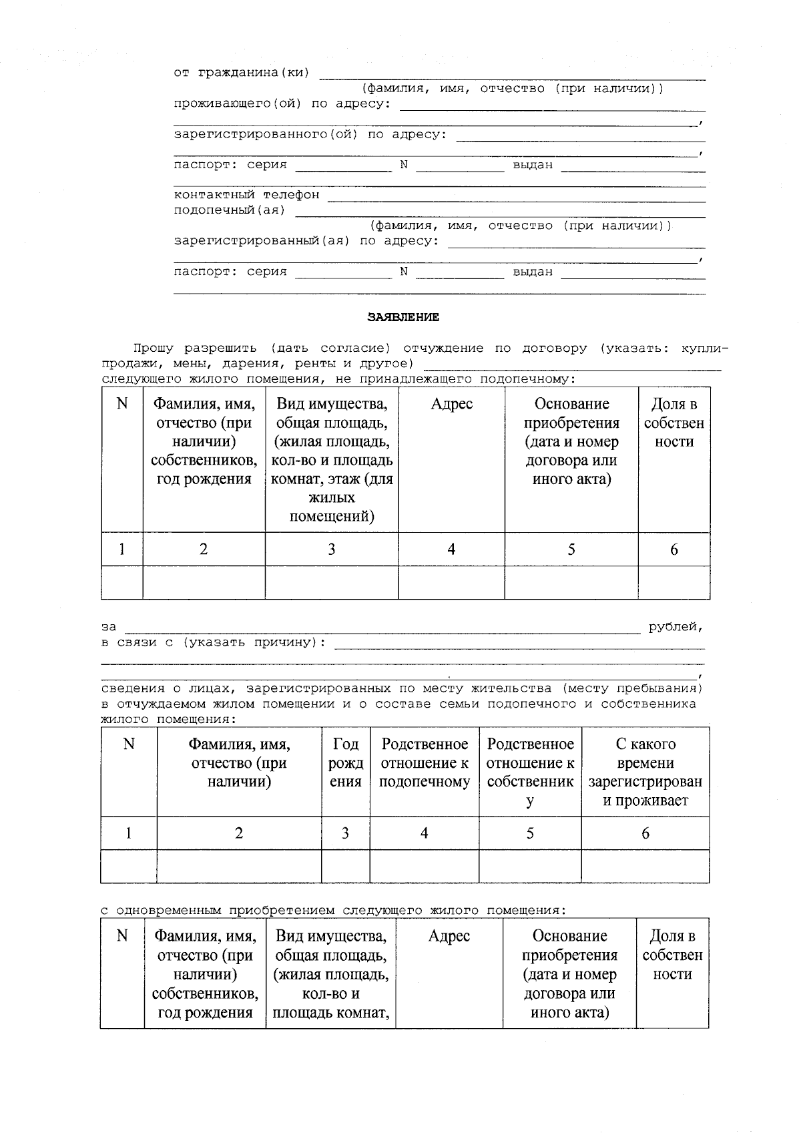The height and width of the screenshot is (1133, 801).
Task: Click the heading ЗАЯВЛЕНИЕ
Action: [403, 318]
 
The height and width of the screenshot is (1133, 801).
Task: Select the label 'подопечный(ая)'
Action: [230, 210]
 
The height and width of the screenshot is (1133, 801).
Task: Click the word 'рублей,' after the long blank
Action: [676, 628]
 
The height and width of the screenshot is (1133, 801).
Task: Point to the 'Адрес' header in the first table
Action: [451, 404]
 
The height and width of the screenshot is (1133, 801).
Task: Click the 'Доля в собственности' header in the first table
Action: [674, 423]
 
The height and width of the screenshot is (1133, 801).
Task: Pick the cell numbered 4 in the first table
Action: [451, 549]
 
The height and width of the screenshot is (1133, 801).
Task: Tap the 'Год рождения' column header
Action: [345, 763]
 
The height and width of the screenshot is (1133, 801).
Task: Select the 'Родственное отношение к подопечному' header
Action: [424, 763]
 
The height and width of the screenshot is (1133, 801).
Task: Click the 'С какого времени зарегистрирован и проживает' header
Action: [645, 772]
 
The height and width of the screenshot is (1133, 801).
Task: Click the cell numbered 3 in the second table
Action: [345, 833]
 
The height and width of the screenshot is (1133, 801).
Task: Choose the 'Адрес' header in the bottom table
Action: [449, 936]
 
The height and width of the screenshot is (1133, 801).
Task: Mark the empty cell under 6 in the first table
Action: [674, 583]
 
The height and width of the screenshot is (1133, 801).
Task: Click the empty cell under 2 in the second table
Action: [239, 866]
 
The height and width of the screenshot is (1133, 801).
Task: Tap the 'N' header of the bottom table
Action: [122, 936]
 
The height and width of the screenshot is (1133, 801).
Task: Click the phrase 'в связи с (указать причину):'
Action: [214, 642]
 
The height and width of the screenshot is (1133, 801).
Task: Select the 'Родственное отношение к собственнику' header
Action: [530, 772]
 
